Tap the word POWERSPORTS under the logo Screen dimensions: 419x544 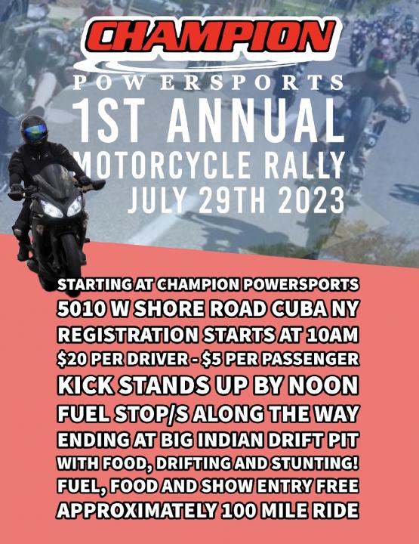208,82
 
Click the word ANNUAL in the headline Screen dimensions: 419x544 253,119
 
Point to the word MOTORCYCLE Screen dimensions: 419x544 163,165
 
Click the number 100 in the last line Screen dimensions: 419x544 239,510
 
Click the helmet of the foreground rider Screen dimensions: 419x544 34,130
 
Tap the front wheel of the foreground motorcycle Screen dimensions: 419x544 72,263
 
